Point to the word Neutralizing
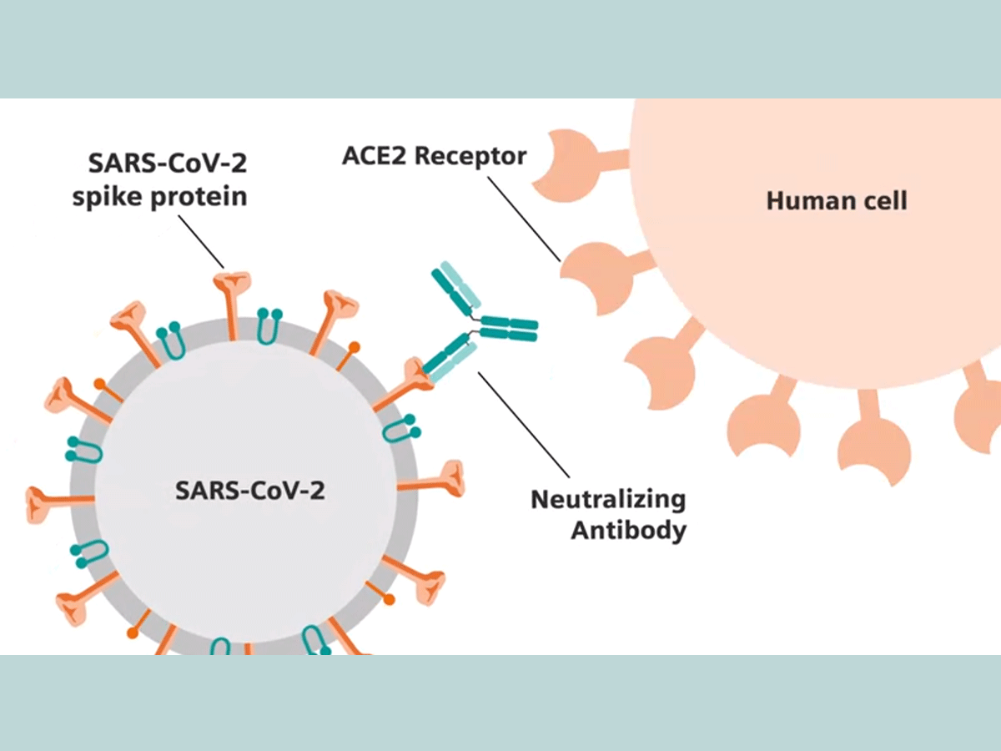point(608,501)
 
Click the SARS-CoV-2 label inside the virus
point(250,490)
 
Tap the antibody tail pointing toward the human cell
point(510,329)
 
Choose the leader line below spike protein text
point(200,241)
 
